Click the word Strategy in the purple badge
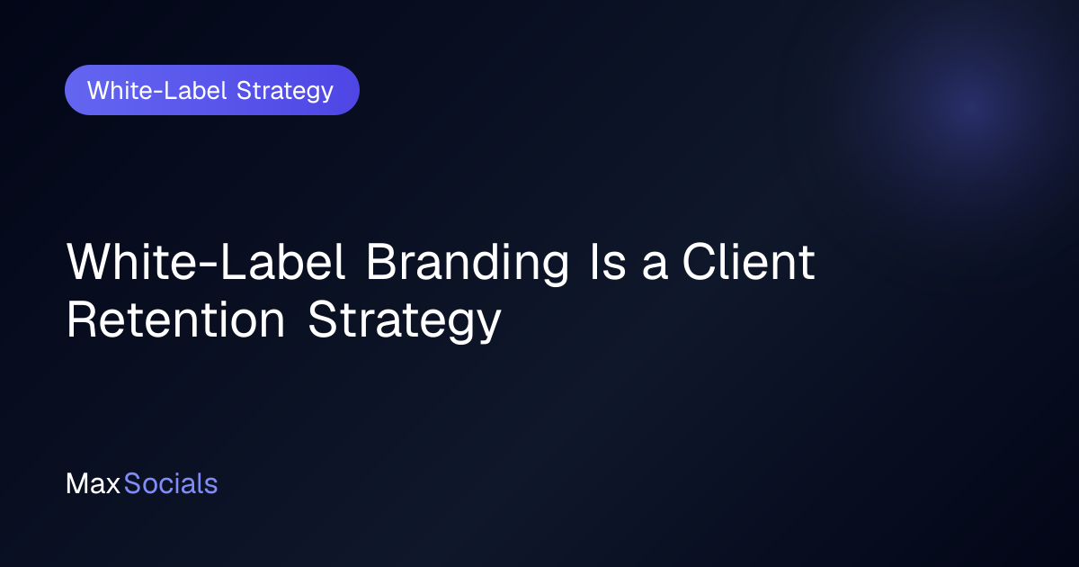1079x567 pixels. [x=285, y=92]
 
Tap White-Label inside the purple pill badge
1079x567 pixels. [x=157, y=90]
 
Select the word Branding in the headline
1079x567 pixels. [x=468, y=263]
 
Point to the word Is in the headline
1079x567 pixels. [x=609, y=261]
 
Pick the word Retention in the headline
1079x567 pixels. [x=176, y=319]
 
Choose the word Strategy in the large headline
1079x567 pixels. [x=405, y=321]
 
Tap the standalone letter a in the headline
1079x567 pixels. [x=655, y=266]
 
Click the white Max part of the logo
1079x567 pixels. [x=93, y=483]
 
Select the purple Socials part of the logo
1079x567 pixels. [x=171, y=483]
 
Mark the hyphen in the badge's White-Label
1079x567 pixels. [x=157, y=92]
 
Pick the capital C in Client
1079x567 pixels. [x=700, y=261]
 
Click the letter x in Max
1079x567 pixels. [x=111, y=486]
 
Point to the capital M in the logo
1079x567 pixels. [x=76, y=483]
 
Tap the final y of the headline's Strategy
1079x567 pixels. [x=488, y=327]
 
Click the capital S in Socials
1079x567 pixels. [x=132, y=483]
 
